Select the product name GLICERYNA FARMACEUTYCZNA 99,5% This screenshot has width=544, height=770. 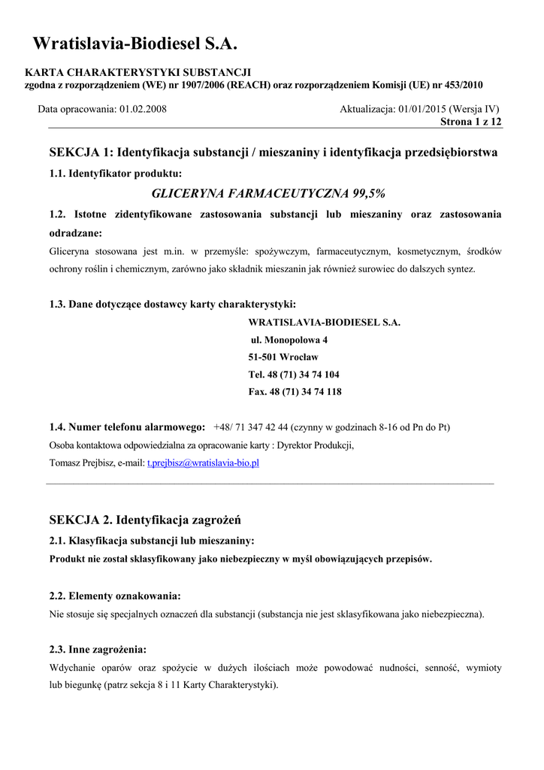click(x=269, y=193)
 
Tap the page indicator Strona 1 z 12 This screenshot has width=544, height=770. click(x=471, y=121)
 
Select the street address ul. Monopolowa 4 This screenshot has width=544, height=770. click(x=289, y=340)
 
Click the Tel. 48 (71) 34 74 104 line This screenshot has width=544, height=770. click(x=294, y=374)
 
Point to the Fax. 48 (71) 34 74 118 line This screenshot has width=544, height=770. click(x=295, y=392)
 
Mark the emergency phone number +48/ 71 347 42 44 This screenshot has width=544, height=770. click(x=251, y=427)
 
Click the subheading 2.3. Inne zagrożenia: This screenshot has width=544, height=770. click(x=98, y=649)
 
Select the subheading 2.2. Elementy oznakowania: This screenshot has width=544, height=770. click(x=114, y=596)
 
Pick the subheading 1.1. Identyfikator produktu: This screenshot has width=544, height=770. click(x=115, y=174)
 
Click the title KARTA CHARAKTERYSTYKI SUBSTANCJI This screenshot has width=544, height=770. click(x=138, y=72)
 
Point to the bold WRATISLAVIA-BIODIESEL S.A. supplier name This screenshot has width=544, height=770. click(x=325, y=323)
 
